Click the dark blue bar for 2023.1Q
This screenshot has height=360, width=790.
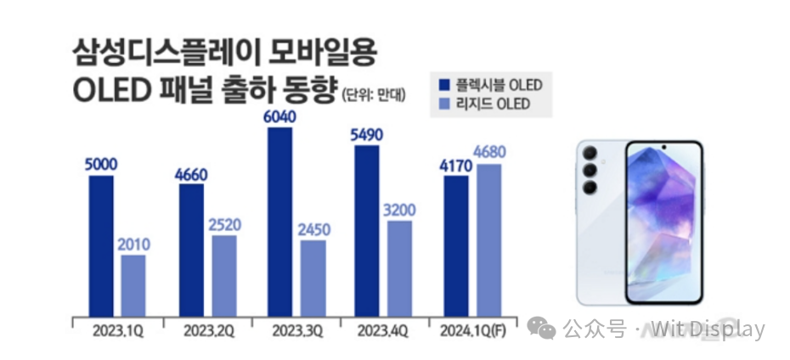(100, 246)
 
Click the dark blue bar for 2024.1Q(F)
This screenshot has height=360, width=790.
(456, 246)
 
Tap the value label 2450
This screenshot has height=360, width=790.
(313, 229)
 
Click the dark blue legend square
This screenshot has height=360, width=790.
(444, 84)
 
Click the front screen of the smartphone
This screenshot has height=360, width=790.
(665, 221)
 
